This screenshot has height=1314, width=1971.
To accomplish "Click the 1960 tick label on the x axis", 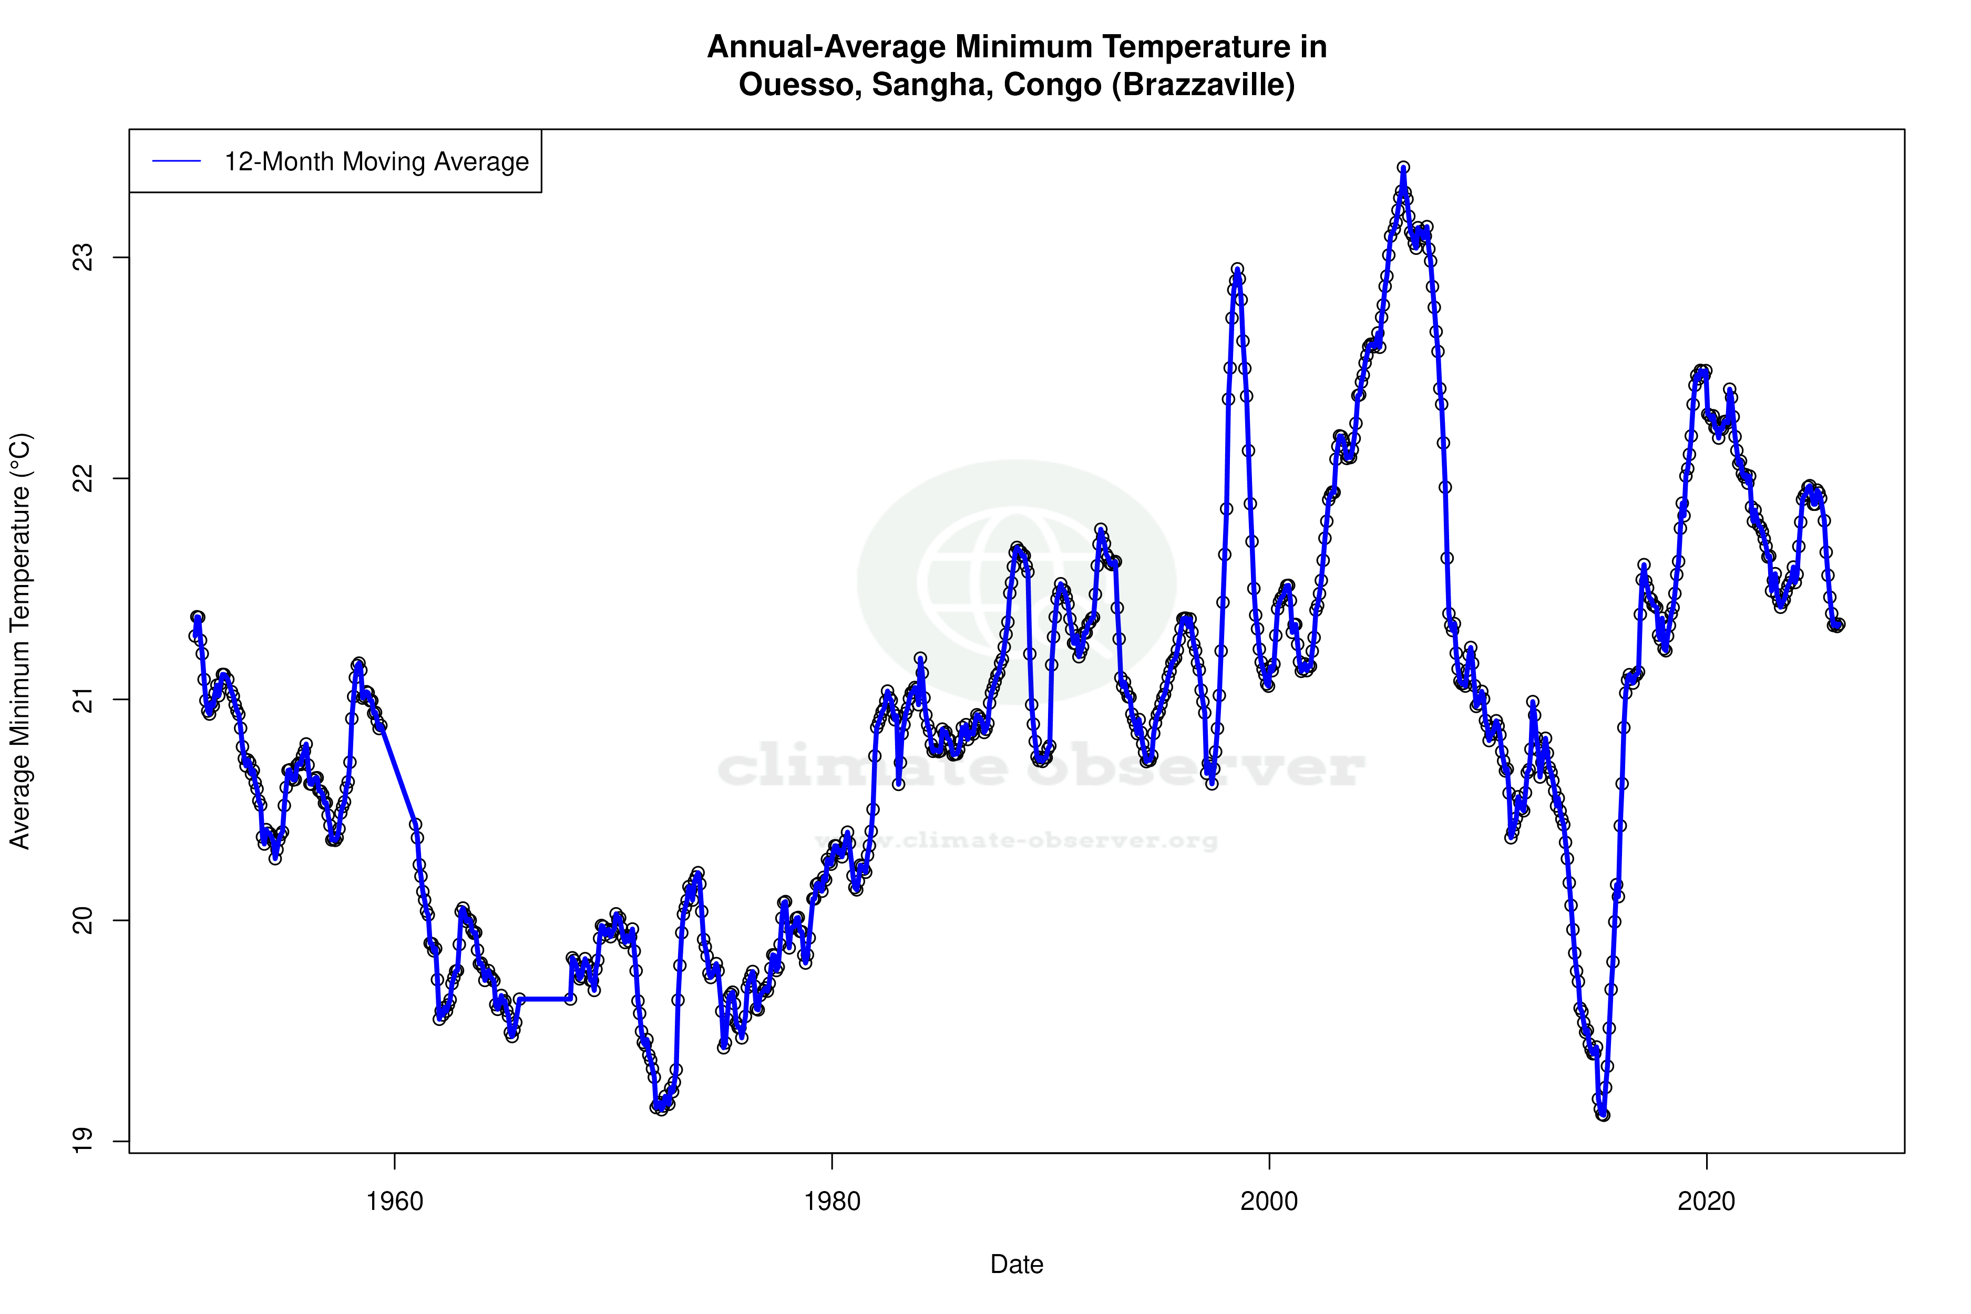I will tap(395, 1202).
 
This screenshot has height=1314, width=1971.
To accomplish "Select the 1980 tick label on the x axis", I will tap(832, 1202).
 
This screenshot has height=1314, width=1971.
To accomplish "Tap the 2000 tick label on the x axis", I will tap(1269, 1202).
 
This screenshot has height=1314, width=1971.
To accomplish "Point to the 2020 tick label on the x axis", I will tap(1706, 1202).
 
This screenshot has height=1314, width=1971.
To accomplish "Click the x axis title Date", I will tap(1017, 1265).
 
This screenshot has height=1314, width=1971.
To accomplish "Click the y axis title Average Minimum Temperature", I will tap(20, 641).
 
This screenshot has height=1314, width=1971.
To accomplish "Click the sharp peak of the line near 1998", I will tap(1237, 270).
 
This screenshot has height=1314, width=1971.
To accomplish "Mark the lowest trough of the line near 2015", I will tap(1603, 1115).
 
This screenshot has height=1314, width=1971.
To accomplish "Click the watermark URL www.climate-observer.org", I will tap(1017, 840).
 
